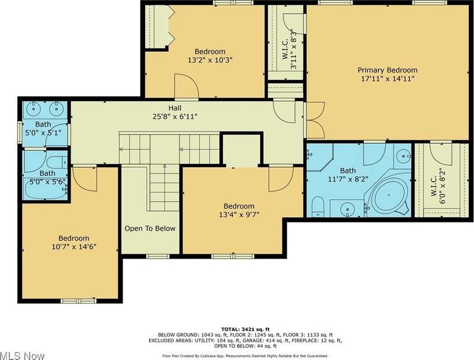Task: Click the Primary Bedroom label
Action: (387, 70)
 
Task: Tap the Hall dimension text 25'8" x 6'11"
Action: (175, 116)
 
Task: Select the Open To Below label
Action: (150, 228)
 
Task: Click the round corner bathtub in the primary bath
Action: (389, 195)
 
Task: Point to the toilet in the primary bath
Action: (318, 206)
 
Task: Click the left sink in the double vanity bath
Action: (34, 109)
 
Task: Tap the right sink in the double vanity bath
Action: (56, 109)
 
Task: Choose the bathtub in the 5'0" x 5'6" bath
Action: (46, 189)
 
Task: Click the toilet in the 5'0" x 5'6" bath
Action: (57, 163)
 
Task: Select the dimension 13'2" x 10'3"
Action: (210, 60)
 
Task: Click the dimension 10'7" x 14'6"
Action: (74, 247)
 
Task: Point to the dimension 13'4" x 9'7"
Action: (239, 215)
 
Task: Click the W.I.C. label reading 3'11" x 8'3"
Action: (289, 49)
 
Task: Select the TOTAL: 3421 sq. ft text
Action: (245, 329)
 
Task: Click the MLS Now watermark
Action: (22, 355)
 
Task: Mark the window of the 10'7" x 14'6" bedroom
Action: (79, 301)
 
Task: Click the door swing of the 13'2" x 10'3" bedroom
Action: (187, 86)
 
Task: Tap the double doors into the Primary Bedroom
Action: (315, 120)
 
